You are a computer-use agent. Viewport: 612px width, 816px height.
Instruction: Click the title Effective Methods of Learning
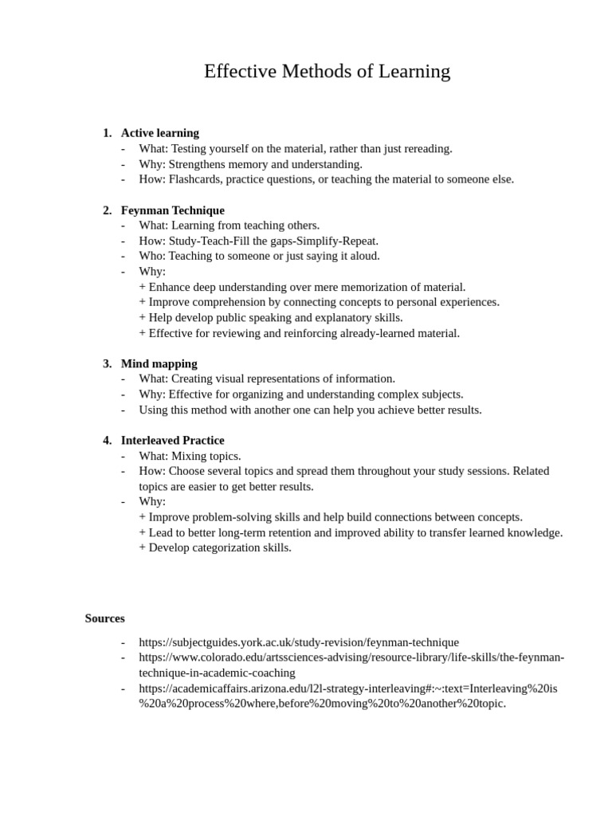[327, 72]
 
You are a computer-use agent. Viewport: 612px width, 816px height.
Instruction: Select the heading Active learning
[160, 133]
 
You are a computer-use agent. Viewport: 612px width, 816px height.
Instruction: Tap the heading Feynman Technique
[173, 210]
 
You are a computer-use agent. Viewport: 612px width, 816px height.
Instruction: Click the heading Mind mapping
[159, 364]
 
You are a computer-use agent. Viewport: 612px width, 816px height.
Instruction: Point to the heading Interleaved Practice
[173, 441]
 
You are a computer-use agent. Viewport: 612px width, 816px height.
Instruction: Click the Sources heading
[105, 618]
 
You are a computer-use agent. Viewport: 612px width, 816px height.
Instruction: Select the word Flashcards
[194, 179]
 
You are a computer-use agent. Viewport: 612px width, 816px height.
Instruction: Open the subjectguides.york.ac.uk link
[299, 642]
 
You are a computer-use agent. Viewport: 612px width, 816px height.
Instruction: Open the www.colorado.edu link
[351, 657]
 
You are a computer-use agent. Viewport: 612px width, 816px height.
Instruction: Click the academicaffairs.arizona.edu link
[348, 688]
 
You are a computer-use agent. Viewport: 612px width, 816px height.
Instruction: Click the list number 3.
[107, 364]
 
